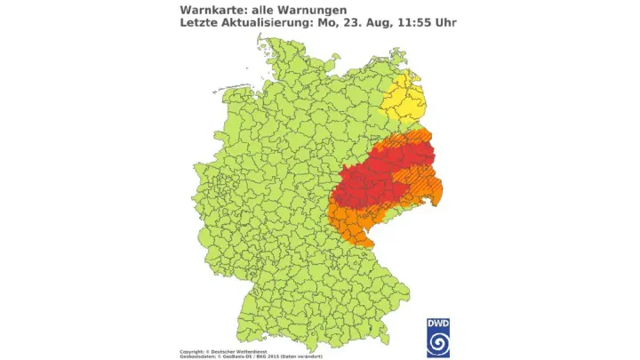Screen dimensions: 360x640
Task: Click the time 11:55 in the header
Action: [411, 22]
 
